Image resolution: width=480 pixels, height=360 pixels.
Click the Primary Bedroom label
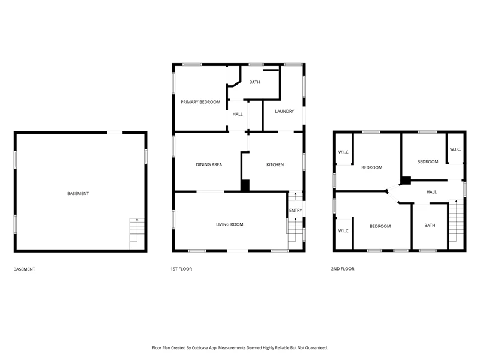(200, 102)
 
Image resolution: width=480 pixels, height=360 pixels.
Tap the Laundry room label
(284, 111)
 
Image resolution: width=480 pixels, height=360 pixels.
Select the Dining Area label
(209, 164)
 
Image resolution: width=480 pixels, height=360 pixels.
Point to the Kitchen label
(275, 164)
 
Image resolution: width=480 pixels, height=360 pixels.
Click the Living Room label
(230, 224)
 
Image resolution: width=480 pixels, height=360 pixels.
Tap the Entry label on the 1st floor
(295, 211)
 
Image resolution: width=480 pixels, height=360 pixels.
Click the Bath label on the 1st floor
(254, 82)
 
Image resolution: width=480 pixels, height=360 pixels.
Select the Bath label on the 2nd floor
(430, 226)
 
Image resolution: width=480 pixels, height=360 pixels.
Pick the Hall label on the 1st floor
(237, 114)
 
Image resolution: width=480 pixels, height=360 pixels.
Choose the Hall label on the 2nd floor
(431, 192)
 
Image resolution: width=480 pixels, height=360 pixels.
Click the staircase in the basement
(137, 233)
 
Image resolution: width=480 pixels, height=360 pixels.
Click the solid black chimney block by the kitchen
(245, 185)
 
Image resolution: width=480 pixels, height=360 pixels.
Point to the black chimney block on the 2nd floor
(406, 181)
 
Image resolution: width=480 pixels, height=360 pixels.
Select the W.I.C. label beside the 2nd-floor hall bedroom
(455, 149)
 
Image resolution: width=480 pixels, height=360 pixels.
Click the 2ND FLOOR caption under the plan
(343, 269)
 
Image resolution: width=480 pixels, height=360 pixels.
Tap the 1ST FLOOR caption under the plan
(181, 269)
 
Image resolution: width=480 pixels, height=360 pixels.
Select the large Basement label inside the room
(78, 193)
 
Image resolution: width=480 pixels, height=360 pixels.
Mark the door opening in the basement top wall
(115, 133)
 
